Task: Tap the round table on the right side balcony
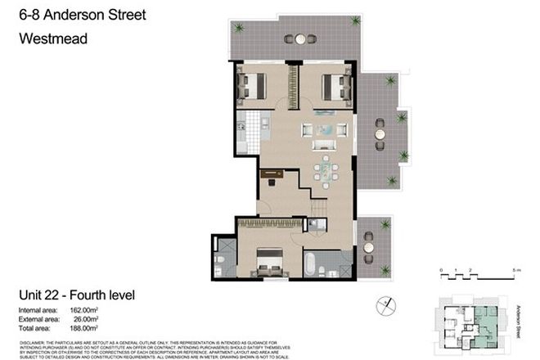pos(380,128)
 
